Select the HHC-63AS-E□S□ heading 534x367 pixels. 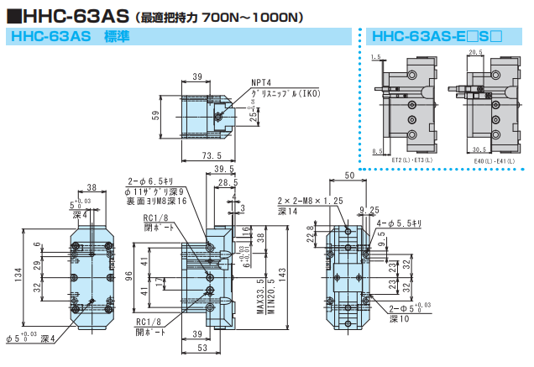pos(437,37)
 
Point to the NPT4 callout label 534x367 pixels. pos(262,83)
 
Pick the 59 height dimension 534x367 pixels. pos(155,115)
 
